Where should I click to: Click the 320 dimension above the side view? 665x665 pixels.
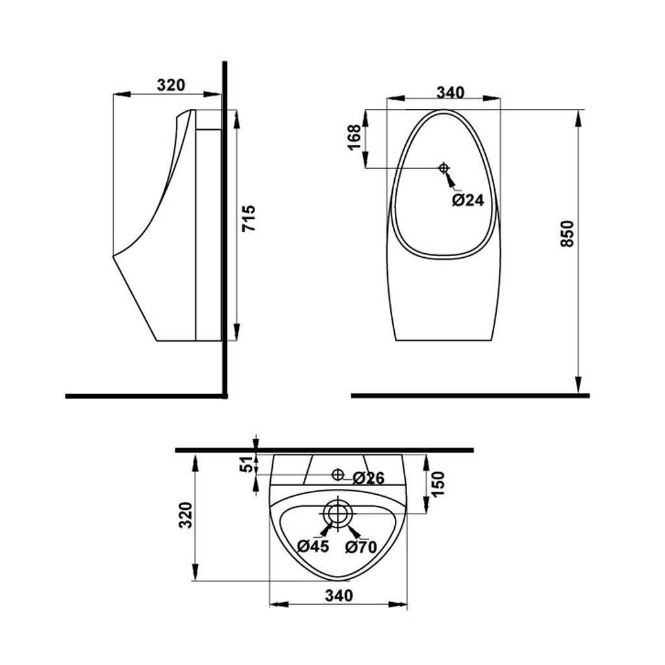coord(171,85)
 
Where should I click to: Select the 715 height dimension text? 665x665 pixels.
coord(249,218)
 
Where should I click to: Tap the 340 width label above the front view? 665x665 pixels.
coord(451,92)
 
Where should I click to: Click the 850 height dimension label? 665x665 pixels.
coord(567,233)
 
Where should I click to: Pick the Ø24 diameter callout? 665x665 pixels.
coord(468,200)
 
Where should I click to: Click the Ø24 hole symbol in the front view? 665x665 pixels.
coord(444,168)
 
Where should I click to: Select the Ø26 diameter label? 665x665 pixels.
coord(369,478)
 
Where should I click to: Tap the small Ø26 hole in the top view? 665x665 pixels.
coord(338,475)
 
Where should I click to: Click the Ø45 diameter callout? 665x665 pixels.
coord(313,546)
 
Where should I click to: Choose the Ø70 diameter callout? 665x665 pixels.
coord(361,547)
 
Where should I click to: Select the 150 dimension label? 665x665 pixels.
coord(438,483)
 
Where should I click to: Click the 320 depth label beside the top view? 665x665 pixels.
coord(186,515)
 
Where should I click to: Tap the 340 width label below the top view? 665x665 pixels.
coord(339,596)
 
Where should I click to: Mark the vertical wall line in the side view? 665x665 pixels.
coord(225,230)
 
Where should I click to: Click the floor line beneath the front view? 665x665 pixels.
coord(470,395)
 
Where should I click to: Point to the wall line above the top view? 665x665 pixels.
coord(325,450)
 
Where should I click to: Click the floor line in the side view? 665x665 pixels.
coord(146,396)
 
